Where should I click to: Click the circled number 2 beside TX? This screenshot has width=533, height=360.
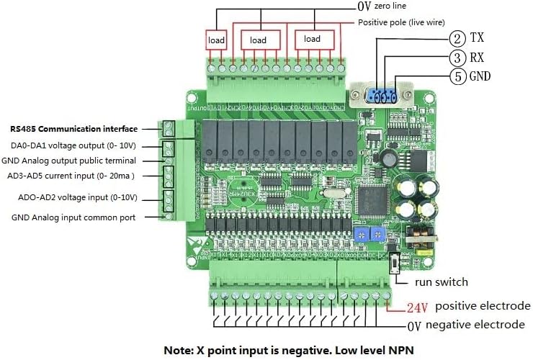[x=457, y=38]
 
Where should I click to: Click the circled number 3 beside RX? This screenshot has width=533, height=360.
[x=457, y=57]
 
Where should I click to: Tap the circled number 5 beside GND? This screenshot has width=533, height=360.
[x=457, y=76]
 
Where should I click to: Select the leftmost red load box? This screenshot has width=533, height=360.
[x=216, y=40]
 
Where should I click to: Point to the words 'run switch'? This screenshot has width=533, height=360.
[x=442, y=282]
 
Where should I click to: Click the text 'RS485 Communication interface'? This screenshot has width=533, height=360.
[x=73, y=130]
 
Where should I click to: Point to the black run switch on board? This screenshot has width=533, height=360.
[x=395, y=263]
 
